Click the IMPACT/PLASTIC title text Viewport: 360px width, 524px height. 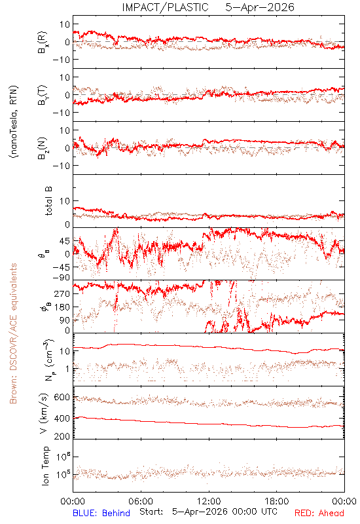point(165,7)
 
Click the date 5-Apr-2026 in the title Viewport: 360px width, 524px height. point(260,7)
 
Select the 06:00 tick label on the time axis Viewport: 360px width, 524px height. point(141,501)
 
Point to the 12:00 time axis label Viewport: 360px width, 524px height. point(209,501)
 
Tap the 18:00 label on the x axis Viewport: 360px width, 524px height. point(277,501)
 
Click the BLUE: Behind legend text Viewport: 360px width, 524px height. point(101,513)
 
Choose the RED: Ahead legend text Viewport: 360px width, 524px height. point(319,513)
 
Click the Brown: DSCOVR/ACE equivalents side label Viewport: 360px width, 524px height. point(12,333)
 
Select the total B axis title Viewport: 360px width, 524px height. point(48,201)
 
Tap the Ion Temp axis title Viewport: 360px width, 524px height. point(45,466)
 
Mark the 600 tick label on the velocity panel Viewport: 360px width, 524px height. point(62,398)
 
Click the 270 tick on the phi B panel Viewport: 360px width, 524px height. point(62,293)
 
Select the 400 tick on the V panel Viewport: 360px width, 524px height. point(62,419)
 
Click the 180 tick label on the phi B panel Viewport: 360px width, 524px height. point(62,307)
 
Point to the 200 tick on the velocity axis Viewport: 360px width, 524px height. point(62,436)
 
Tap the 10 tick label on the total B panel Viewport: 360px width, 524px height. point(65,201)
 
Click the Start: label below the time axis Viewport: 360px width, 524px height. point(151,512)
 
